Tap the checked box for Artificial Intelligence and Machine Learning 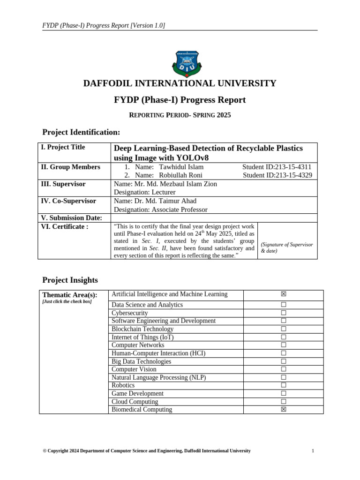(283, 294)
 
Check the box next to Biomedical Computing (283, 410)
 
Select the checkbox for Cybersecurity (283, 313)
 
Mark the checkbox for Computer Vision (283, 369)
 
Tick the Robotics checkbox (283, 385)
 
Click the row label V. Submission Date (72, 218)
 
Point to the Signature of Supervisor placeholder (286, 247)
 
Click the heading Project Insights (70, 280)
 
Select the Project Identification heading (81, 133)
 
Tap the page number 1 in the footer (313, 451)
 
